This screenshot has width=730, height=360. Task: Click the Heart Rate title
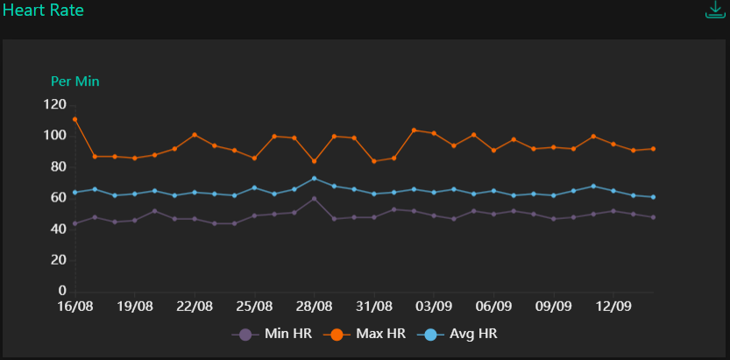44,11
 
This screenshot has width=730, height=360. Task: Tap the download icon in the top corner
716,10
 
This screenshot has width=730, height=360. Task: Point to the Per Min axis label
74,81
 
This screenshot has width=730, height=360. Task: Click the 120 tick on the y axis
54,104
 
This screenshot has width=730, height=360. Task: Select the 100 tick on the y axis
54,136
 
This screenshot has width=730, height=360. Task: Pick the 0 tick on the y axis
62,291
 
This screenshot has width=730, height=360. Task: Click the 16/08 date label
74,307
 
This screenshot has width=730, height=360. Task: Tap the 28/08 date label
314,307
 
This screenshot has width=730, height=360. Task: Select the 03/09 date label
434,307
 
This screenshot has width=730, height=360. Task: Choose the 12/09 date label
613,307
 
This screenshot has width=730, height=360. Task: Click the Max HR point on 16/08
74,119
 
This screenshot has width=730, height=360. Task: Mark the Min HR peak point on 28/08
314,198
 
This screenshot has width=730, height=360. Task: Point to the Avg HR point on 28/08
314,178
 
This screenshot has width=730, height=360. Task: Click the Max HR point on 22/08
195,135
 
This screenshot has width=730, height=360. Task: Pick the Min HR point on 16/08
74,223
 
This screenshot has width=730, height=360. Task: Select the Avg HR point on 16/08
74,192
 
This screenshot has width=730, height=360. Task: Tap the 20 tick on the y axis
59,260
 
